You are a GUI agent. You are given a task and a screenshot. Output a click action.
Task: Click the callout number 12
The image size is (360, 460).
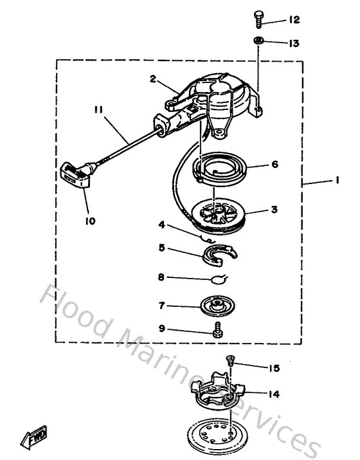294,21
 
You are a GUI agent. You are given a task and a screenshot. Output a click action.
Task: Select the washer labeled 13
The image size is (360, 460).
258,42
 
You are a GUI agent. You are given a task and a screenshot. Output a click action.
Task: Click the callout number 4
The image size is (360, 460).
163,225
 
